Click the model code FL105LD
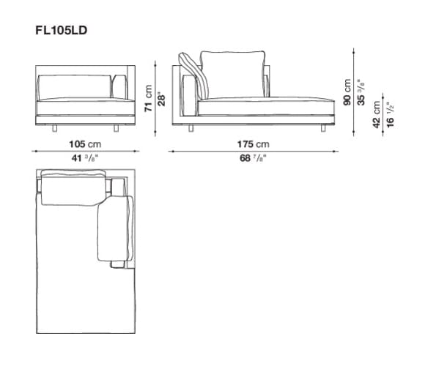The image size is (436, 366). pyautogui.click(x=61, y=30)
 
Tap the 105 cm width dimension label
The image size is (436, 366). pyautogui.click(x=85, y=144)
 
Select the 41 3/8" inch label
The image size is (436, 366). pyautogui.click(x=85, y=158)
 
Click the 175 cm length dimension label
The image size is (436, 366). pyautogui.click(x=253, y=144)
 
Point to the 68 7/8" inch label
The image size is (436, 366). pyautogui.click(x=253, y=158)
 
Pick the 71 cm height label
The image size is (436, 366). pyautogui.click(x=149, y=98)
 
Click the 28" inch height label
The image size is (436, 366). pyautogui.click(x=161, y=99)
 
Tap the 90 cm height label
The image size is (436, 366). pyautogui.click(x=347, y=92)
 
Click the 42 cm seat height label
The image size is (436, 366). pyautogui.click(x=376, y=114)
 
